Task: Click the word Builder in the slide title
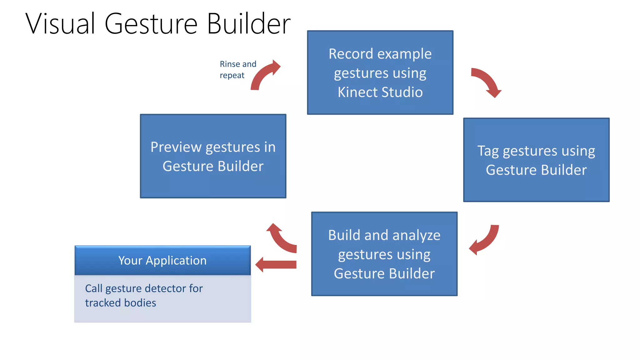tap(248, 24)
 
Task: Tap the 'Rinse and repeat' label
tap(237, 69)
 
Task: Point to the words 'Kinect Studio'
tap(380, 92)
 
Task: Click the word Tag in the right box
tap(487, 151)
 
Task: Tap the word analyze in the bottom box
tap(416, 235)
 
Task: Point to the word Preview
tap(176, 147)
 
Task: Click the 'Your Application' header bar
tap(162, 260)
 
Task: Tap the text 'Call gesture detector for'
tap(144, 288)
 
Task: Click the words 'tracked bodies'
tap(120, 303)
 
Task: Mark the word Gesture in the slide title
tap(151, 24)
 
